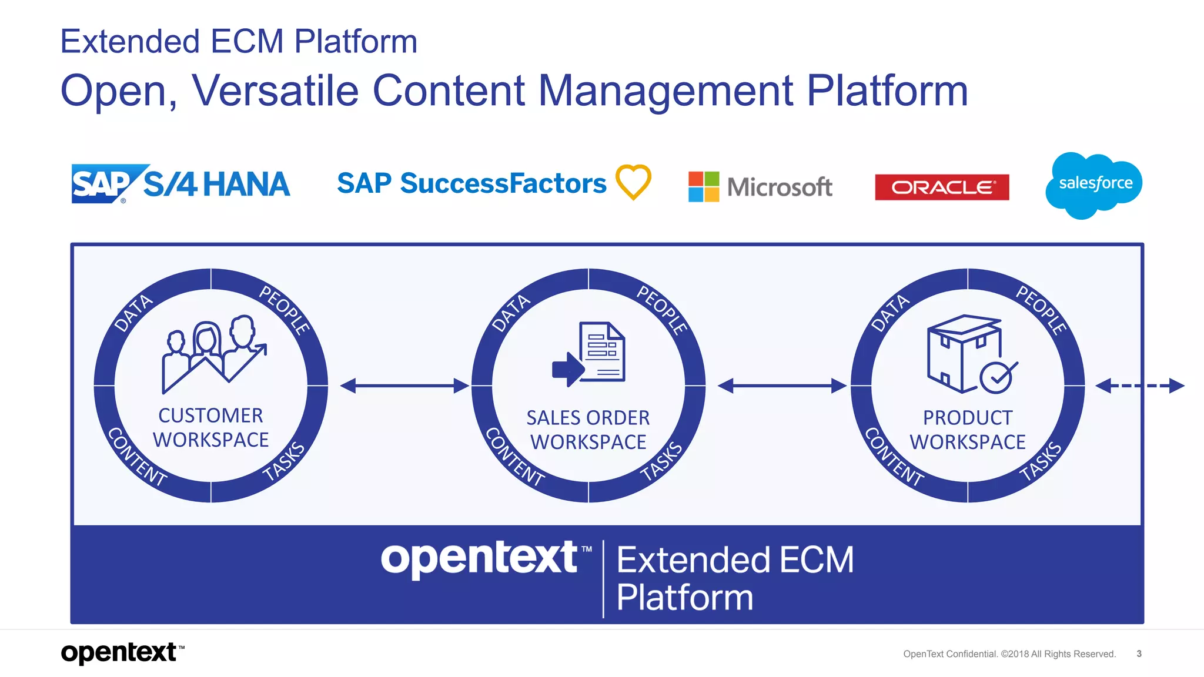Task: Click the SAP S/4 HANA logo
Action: pyautogui.click(x=180, y=184)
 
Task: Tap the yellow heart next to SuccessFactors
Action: pyautogui.click(x=633, y=182)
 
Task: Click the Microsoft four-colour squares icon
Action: pyautogui.click(x=703, y=187)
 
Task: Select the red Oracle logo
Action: pyautogui.click(x=942, y=187)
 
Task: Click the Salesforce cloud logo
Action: pyautogui.click(x=1094, y=185)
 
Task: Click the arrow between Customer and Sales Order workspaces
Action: pyautogui.click(x=404, y=386)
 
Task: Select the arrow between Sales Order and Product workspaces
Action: pyautogui.click(x=782, y=386)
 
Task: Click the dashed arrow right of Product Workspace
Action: pyautogui.click(x=1139, y=386)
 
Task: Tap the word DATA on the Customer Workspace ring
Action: pyautogui.click(x=133, y=313)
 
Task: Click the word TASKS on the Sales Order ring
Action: pyautogui.click(x=661, y=461)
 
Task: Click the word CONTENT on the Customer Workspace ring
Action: pyautogui.click(x=137, y=457)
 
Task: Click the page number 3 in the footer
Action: pyautogui.click(x=1139, y=653)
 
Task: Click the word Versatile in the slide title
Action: pyautogui.click(x=275, y=91)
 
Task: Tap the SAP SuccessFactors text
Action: pyautogui.click(x=471, y=183)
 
